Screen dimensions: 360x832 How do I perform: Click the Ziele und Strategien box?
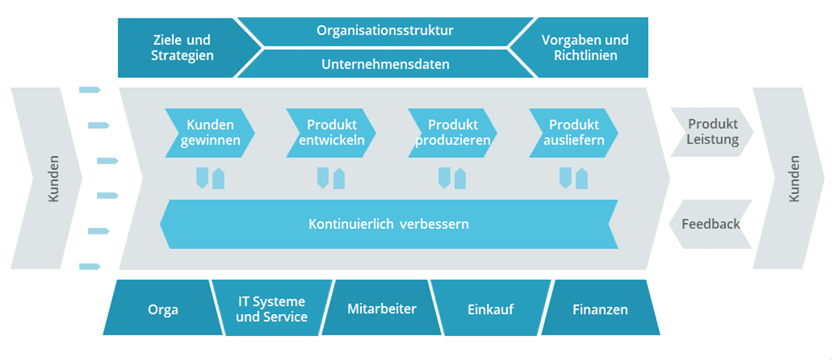[x=182, y=48]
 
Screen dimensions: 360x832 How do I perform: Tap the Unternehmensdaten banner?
[x=385, y=64]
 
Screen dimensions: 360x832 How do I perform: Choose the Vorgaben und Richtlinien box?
[x=585, y=48]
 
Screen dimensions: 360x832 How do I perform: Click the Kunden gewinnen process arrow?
[x=210, y=133]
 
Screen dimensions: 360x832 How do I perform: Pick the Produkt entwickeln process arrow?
[x=331, y=133]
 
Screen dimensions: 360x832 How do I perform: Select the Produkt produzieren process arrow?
[x=453, y=133]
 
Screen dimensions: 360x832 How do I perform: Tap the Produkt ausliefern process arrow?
[x=574, y=133]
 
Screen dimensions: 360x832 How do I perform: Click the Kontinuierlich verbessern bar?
[x=389, y=224]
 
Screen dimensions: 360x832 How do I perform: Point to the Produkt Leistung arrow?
[x=712, y=132]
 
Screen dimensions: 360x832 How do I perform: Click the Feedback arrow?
[x=710, y=224]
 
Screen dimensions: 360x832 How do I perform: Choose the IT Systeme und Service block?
[x=271, y=309]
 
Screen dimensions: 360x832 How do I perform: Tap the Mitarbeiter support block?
[x=382, y=309]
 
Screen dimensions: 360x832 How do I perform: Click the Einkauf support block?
[x=490, y=309]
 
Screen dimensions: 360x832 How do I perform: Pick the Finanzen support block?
[x=600, y=309]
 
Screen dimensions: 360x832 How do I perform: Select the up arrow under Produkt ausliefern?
[x=582, y=178]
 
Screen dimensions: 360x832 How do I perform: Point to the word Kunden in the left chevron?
[x=53, y=178]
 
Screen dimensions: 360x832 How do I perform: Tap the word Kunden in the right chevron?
[x=794, y=178]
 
